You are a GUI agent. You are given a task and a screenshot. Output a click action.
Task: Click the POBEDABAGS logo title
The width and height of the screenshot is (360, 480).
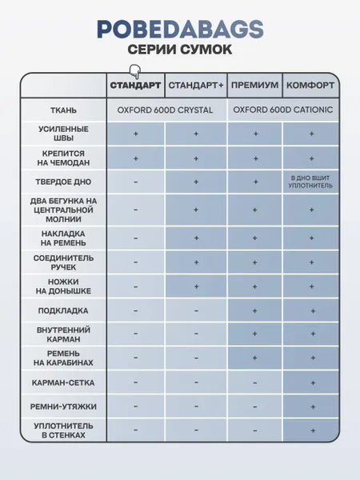point(179,29)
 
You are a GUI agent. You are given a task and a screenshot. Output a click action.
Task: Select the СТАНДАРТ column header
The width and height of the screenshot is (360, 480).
point(135,85)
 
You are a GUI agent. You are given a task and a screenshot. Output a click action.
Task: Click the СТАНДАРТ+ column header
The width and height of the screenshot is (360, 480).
point(196,85)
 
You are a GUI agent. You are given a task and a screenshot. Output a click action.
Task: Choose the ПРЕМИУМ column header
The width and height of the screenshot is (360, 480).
point(255,85)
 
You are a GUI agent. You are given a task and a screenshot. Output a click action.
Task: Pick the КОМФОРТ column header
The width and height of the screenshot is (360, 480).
point(310,85)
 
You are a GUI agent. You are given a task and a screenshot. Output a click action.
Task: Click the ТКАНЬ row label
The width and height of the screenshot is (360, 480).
point(63,110)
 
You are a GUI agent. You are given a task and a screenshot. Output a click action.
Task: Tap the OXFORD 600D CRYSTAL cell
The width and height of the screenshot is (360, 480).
point(166,110)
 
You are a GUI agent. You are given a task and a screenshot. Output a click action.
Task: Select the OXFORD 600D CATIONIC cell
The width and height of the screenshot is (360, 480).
point(283,110)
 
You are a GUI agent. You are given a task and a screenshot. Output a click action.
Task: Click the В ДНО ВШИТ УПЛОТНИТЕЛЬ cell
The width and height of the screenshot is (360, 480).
point(310,182)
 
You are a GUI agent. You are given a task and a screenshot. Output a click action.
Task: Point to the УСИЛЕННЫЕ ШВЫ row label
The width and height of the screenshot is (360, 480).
point(63,134)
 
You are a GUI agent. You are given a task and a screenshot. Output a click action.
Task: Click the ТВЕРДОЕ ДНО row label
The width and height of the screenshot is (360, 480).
point(63,182)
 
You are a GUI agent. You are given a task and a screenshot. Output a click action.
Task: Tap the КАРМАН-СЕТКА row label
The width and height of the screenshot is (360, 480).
point(63,382)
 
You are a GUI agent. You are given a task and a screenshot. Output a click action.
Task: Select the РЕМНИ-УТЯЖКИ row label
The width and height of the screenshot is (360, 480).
point(63,406)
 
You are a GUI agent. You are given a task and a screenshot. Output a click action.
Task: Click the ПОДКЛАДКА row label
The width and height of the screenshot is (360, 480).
point(63,310)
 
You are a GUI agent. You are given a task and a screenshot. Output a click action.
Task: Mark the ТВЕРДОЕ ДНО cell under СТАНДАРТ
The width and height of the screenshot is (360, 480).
point(135,182)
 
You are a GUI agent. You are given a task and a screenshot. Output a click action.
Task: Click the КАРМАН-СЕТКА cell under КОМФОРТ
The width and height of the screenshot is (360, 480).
point(310,382)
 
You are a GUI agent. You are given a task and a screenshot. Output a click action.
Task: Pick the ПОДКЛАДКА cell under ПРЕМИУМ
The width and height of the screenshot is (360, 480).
point(255,310)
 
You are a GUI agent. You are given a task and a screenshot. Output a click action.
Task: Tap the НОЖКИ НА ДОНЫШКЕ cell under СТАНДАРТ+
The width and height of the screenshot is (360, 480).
point(196,286)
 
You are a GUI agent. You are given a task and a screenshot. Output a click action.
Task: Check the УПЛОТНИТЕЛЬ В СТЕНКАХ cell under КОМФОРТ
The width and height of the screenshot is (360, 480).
point(310,430)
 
